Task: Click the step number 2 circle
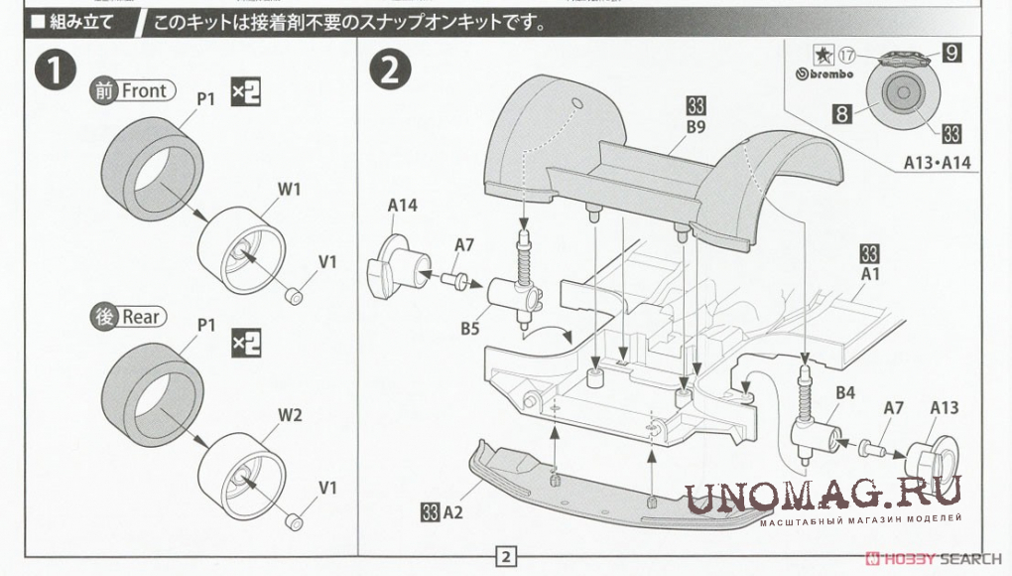click(x=389, y=70)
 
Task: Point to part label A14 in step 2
click(x=402, y=206)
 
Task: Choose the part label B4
click(x=844, y=394)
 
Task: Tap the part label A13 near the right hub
click(x=946, y=407)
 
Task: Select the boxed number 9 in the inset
click(x=950, y=54)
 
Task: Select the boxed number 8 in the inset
click(x=840, y=113)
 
